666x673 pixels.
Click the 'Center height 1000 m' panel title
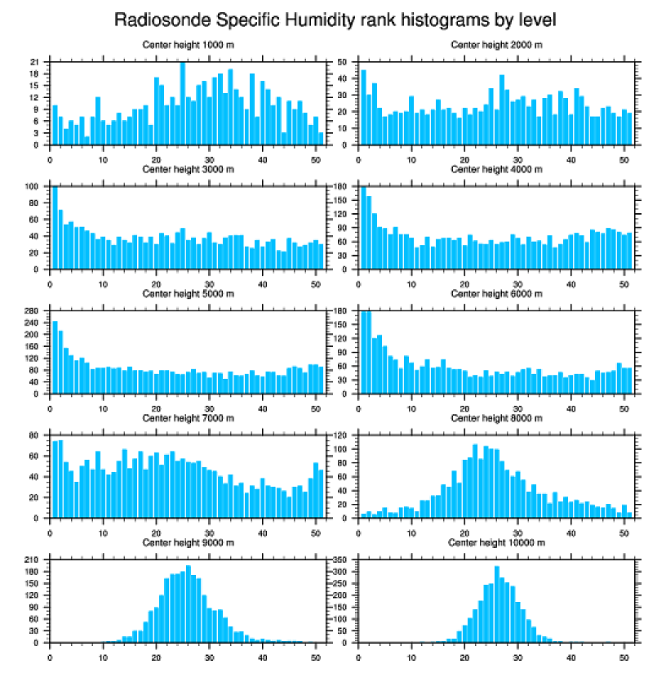(188, 45)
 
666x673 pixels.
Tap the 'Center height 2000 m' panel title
(496, 45)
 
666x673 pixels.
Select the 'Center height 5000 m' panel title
(188, 294)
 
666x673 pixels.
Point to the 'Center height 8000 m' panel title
(496, 418)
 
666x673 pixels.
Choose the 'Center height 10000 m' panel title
(496, 542)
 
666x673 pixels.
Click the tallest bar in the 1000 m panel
(183, 104)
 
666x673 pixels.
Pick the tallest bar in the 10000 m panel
(496, 604)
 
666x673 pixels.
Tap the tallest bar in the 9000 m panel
(188, 604)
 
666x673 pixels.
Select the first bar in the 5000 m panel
(55, 357)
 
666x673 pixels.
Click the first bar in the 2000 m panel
(363, 107)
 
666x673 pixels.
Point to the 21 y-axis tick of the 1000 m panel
(35, 62)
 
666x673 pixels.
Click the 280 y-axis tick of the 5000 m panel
(33, 311)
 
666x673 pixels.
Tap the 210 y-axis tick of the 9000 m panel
(33, 560)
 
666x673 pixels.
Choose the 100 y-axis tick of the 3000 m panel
(33, 187)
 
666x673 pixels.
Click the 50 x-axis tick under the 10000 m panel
(624, 654)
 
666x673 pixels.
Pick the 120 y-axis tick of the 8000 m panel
(341, 436)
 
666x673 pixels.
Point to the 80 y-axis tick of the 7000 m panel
(35, 436)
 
